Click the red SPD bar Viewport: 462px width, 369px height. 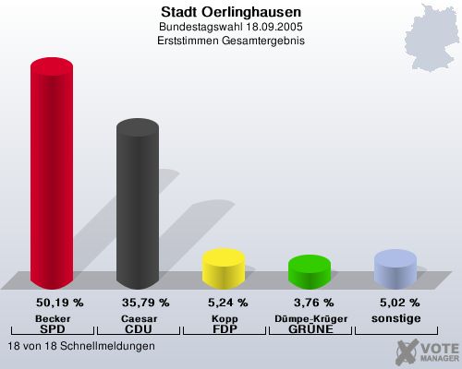coord(52,175)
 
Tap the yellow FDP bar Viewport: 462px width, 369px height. coord(223,268)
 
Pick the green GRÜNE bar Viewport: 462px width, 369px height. coord(310,270)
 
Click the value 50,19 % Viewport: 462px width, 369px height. coord(59,302)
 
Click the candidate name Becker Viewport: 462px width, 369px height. coord(53,317)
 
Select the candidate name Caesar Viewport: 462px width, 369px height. coord(138,317)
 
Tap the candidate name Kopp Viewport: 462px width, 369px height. coord(224,317)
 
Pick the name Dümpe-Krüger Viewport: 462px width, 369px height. coord(310,317)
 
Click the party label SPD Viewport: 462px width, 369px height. coord(53,328)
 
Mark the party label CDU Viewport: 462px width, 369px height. coord(138,328)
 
